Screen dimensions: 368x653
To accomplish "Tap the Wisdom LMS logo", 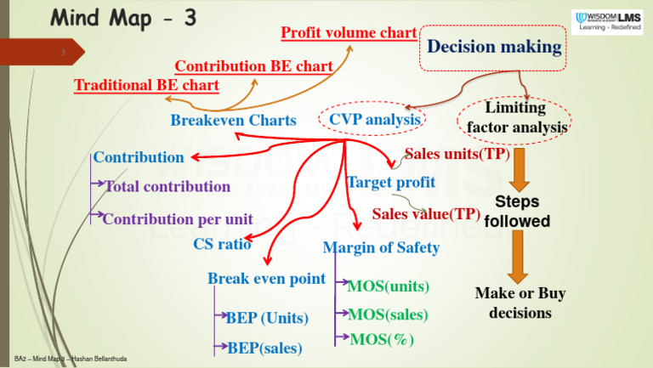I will pyautogui.click(x=606, y=21).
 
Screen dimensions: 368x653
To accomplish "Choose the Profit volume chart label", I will pyautogui.click(x=349, y=33).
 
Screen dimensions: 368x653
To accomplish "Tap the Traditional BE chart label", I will pyautogui.click(x=147, y=85).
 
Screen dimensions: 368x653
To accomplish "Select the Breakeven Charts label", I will pyautogui.click(x=233, y=121).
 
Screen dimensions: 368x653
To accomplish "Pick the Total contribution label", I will pyautogui.click(x=168, y=186).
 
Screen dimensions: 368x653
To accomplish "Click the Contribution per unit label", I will pyautogui.click(x=178, y=218).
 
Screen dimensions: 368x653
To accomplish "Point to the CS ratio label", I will pyautogui.click(x=223, y=245).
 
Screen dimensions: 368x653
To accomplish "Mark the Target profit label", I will pyautogui.click(x=391, y=182).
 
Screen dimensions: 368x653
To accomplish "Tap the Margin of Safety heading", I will pyautogui.click(x=381, y=248).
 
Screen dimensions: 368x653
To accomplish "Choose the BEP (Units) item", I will pyautogui.click(x=267, y=318).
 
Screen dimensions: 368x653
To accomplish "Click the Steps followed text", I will pyautogui.click(x=517, y=212).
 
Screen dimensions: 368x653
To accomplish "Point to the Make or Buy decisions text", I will pyautogui.click(x=520, y=303).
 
